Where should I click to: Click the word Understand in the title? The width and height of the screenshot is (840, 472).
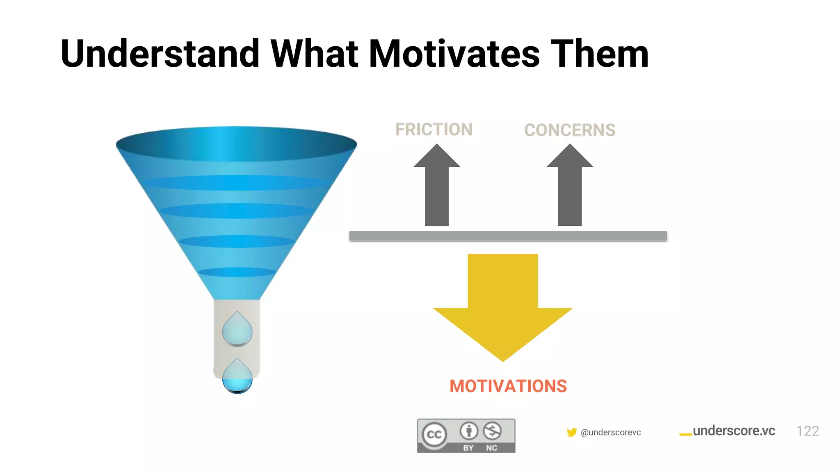tap(160, 54)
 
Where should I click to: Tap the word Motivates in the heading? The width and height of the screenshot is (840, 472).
tap(454, 54)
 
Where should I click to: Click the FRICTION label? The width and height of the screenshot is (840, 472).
tap(434, 129)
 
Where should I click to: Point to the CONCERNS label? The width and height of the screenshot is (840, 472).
tap(570, 130)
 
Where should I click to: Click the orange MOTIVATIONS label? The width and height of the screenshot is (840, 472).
tap(508, 386)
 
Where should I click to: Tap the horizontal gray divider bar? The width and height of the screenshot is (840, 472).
tap(508, 236)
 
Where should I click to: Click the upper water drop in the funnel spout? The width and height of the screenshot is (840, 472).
tap(237, 330)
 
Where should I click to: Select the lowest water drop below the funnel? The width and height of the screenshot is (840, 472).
tap(237, 377)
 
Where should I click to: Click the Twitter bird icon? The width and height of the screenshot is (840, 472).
tap(571, 432)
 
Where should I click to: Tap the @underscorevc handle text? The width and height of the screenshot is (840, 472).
tap(611, 432)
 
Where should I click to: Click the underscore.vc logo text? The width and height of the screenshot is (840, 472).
tap(733, 431)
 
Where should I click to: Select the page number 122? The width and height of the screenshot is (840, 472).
tap(807, 431)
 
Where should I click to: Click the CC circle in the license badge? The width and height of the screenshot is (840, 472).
tap(434, 434)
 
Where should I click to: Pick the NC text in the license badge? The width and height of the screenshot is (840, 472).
tap(491, 448)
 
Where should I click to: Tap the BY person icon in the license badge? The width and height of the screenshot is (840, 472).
tap(468, 431)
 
